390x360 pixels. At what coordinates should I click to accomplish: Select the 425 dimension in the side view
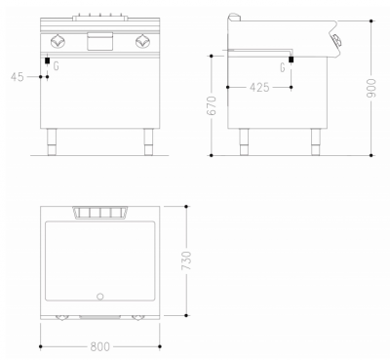(257, 87)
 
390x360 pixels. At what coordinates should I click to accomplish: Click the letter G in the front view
(56, 66)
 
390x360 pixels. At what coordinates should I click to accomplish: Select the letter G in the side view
(282, 67)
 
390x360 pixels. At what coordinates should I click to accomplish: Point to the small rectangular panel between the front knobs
(99, 41)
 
